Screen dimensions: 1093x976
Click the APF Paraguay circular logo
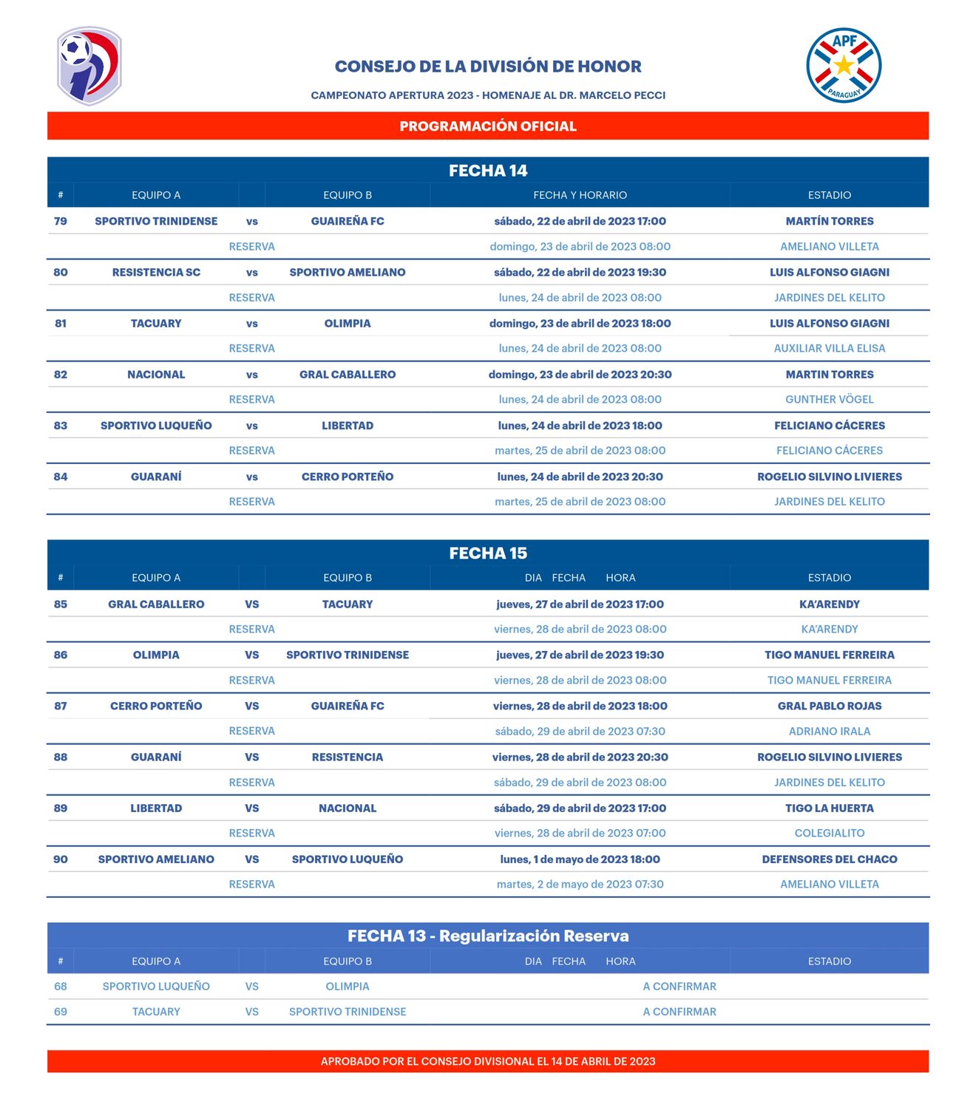tap(844, 66)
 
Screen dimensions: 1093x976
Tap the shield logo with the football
tap(89, 66)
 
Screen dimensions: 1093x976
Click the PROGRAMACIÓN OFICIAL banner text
tap(488, 126)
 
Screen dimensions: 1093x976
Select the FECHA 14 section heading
tap(488, 171)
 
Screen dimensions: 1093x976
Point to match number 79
tap(61, 221)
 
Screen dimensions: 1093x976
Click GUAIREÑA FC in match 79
tap(348, 221)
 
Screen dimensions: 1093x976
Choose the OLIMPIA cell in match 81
tap(348, 323)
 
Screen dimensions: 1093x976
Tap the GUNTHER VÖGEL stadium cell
tap(830, 399)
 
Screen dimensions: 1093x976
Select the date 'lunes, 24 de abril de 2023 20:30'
tap(580, 477)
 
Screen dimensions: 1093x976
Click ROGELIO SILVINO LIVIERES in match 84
tap(830, 477)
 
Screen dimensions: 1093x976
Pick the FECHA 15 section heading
tap(488, 554)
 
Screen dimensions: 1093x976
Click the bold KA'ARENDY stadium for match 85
tap(830, 604)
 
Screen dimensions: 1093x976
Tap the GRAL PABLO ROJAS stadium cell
tap(830, 706)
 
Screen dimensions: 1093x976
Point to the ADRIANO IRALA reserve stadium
tap(830, 731)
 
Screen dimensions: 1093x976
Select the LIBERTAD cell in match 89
tap(156, 808)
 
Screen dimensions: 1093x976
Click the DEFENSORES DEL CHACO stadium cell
tap(830, 859)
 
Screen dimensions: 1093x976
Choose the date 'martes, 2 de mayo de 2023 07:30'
tap(580, 884)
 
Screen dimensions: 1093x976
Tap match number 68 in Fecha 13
tap(61, 986)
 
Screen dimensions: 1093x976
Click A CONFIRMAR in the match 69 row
tap(680, 1012)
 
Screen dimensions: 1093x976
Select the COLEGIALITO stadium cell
tap(830, 833)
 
